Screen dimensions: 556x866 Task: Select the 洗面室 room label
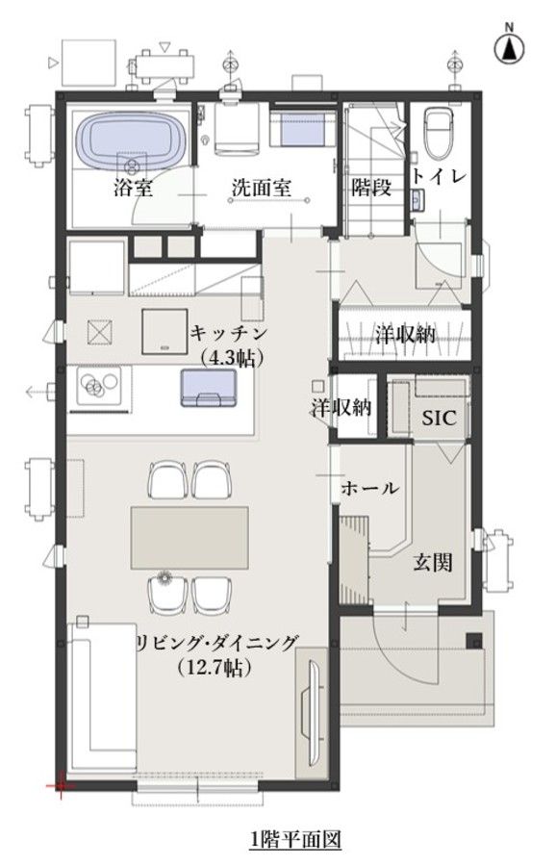pos(261,189)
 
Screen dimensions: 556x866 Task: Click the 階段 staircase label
pos(371,188)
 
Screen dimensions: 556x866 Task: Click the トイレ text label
pos(439,177)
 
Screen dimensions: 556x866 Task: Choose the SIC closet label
pos(439,418)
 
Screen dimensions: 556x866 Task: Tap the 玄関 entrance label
pos(434,563)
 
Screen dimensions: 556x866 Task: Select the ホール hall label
pos(369,488)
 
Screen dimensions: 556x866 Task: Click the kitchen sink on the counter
pos(208,388)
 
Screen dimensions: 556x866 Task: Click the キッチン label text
pos(229,333)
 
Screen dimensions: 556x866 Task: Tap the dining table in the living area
pos(190,537)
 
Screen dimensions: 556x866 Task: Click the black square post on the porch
pos(473,640)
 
